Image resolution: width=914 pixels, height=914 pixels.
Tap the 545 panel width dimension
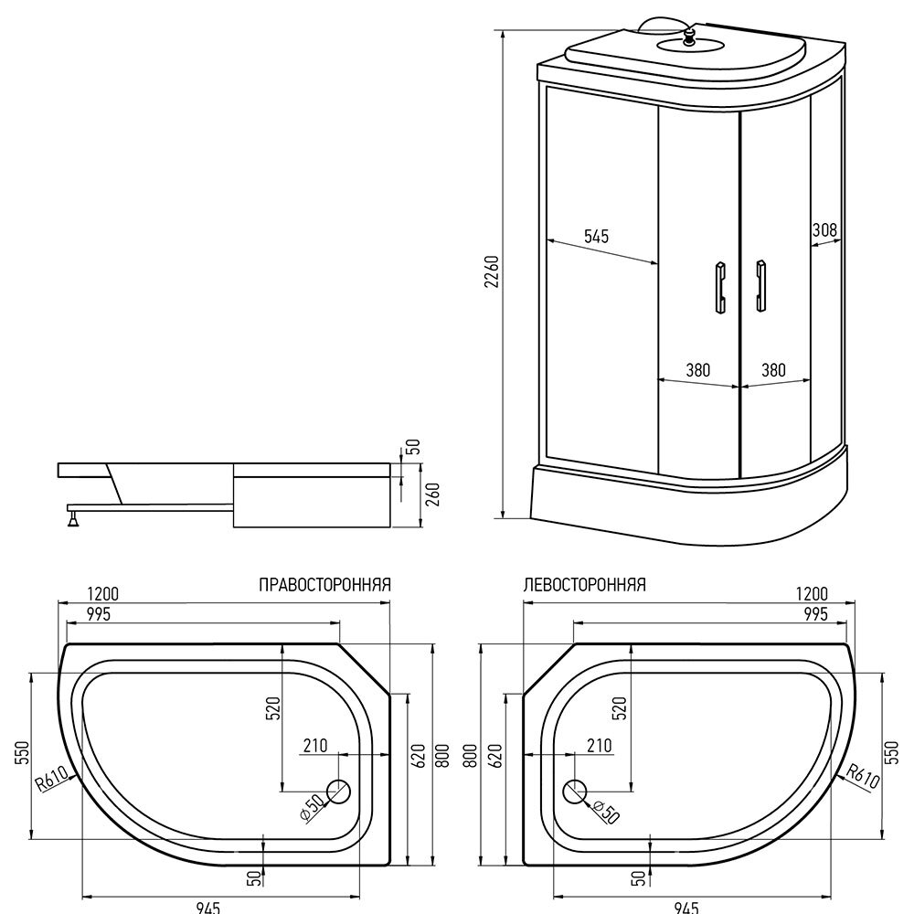[596, 236]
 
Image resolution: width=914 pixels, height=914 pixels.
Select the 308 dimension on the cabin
[824, 229]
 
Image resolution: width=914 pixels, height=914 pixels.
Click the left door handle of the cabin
[720, 287]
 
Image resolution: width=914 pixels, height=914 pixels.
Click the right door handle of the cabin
[760, 285]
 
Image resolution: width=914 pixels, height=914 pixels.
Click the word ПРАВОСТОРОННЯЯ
[324, 585]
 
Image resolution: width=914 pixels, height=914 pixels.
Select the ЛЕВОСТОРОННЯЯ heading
[585, 585]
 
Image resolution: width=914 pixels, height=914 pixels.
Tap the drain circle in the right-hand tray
[339, 792]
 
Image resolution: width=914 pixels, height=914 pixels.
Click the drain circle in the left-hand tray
[574, 792]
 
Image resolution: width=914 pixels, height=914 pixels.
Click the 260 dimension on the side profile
[433, 494]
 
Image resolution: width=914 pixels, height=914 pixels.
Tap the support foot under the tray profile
[73, 517]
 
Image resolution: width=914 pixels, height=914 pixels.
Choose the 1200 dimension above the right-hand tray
[102, 593]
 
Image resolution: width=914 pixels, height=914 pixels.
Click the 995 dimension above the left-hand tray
[815, 613]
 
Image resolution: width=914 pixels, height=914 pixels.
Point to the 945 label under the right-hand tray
[208, 907]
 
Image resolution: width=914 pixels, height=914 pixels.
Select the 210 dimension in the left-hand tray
[600, 746]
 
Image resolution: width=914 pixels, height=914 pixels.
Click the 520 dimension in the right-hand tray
[274, 708]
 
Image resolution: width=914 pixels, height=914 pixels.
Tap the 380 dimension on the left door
[697, 369]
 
